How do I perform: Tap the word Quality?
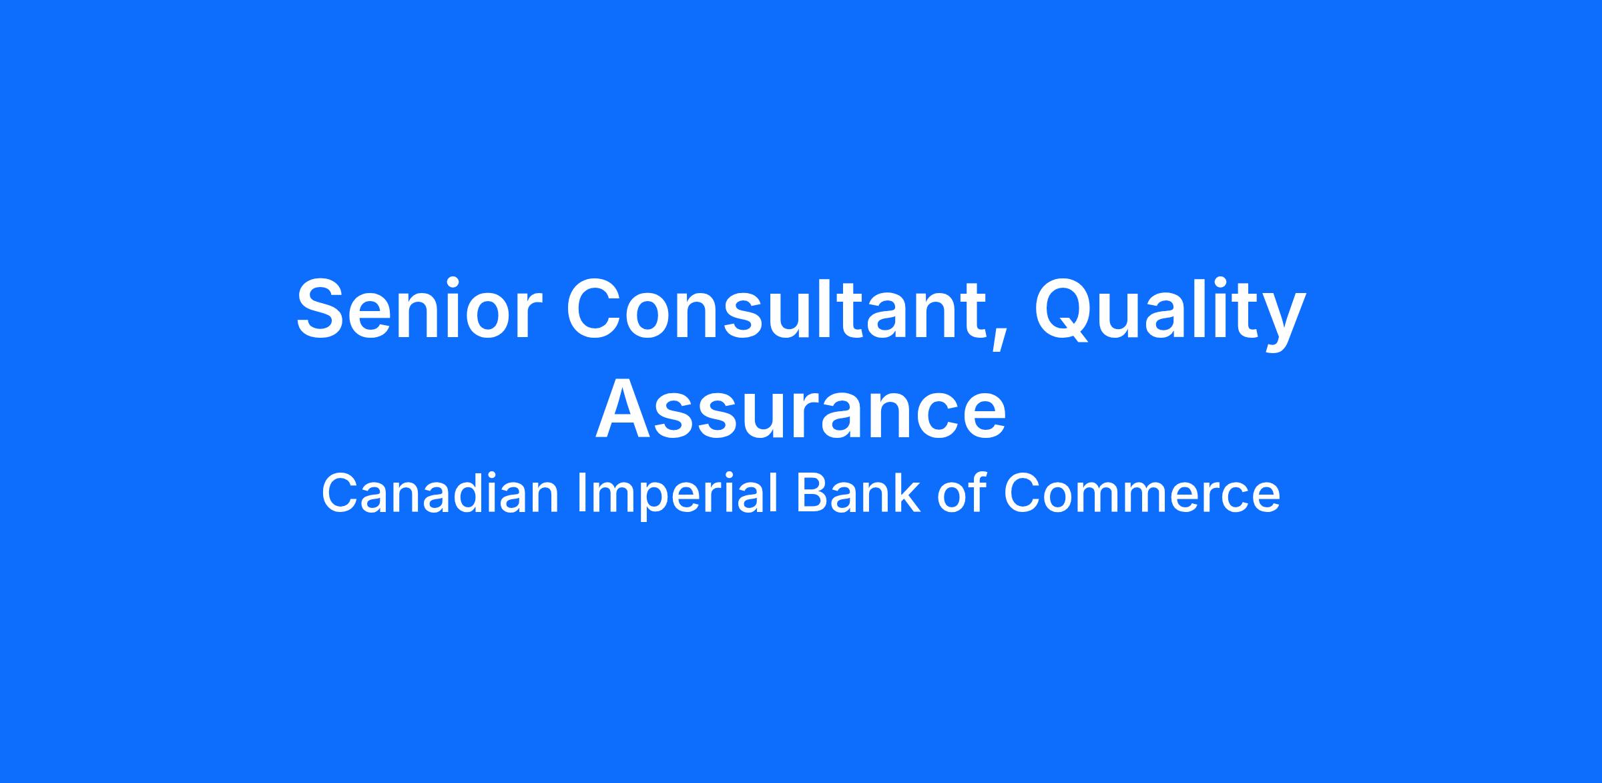[x=1170, y=314]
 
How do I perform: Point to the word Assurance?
[x=800, y=409]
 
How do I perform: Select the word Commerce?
[x=1142, y=495]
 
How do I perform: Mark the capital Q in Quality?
[x=1065, y=313]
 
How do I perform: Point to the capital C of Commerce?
[x=1022, y=493]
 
